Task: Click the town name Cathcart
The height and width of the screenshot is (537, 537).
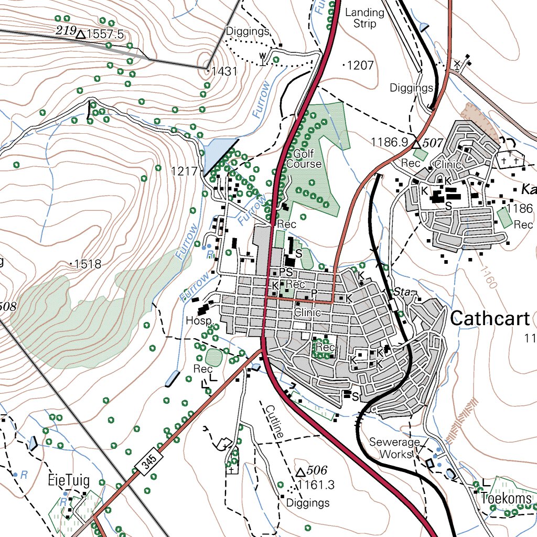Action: click(490, 318)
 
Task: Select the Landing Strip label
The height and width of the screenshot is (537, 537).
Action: click(364, 18)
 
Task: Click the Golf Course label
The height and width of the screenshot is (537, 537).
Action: click(304, 159)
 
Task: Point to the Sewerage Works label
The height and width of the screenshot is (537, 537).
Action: click(395, 448)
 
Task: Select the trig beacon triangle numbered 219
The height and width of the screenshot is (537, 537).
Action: click(80, 35)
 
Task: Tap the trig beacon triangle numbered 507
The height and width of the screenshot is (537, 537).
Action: click(417, 142)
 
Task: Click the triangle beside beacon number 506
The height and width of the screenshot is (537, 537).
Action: click(300, 471)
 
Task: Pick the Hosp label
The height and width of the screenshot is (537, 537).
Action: click(199, 320)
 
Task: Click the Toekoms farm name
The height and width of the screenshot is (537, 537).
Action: click(506, 498)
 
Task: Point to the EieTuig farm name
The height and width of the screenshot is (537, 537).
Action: click(69, 480)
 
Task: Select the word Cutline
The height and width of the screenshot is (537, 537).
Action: click(275, 421)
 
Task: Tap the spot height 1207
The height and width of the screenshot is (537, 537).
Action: click(360, 66)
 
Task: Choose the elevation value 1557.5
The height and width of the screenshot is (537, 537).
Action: click(105, 35)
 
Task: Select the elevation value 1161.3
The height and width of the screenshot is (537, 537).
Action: click(315, 484)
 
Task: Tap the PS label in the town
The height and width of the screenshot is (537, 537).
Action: click(285, 272)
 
